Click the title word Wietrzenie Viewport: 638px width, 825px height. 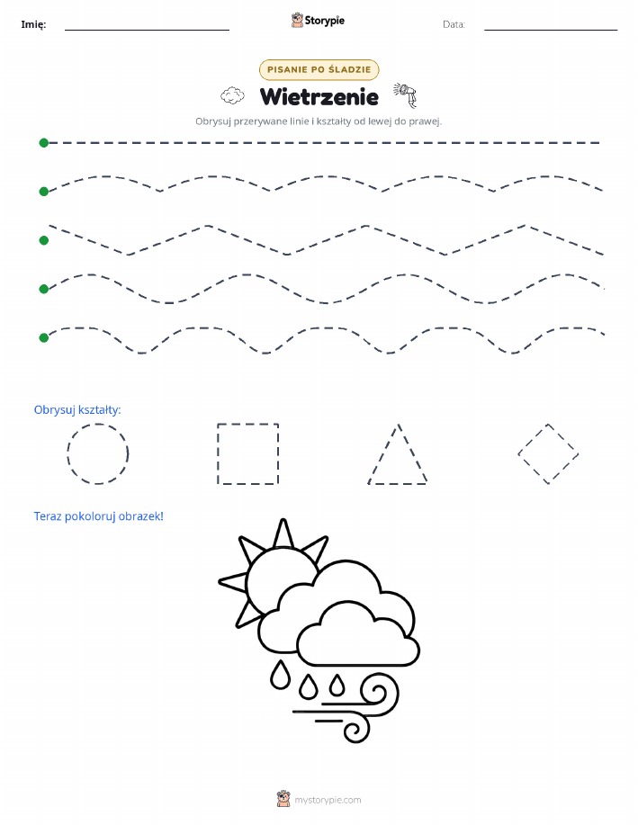click(x=319, y=97)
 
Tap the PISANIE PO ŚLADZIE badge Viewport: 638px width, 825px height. click(x=319, y=69)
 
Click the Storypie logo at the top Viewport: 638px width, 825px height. click(x=318, y=21)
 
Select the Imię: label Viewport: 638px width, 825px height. click(x=33, y=24)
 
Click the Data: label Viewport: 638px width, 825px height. click(x=454, y=24)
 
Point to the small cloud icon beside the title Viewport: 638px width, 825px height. click(x=232, y=95)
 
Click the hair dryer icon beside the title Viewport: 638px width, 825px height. click(x=405, y=94)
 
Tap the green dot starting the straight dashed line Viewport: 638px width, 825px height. click(x=44, y=142)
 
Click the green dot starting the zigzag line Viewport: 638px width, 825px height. click(x=44, y=240)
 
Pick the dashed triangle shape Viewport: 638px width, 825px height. click(x=398, y=483)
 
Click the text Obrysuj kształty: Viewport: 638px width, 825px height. click(x=77, y=410)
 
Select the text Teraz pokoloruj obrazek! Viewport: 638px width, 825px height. click(x=98, y=516)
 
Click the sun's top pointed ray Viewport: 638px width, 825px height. click(x=283, y=533)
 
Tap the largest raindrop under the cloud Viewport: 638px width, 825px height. click(x=280, y=675)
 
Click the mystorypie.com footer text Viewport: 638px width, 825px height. click(x=328, y=800)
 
